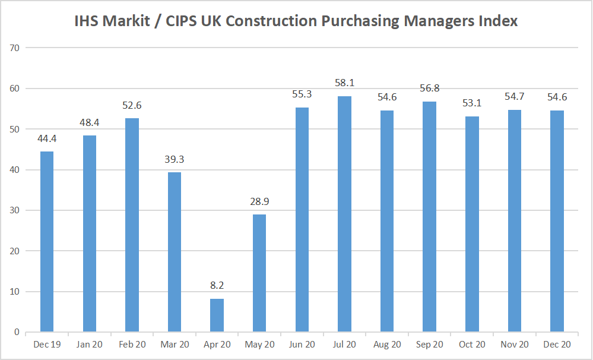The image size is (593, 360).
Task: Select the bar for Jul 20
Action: [x=344, y=214]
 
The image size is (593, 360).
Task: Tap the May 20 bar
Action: [x=259, y=273]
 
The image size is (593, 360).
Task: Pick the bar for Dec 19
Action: [x=47, y=241]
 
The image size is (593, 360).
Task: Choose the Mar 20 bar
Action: [x=175, y=252]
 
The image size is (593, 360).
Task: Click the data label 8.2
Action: [x=217, y=285]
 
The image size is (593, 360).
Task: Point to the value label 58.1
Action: [x=344, y=83]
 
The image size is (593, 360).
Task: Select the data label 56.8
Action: [x=429, y=88]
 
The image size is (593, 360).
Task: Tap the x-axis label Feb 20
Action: [x=132, y=345]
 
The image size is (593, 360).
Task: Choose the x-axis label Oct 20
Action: [x=472, y=345]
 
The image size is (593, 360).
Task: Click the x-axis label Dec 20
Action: [x=557, y=345]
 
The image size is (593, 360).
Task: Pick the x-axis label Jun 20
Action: [x=302, y=345]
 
